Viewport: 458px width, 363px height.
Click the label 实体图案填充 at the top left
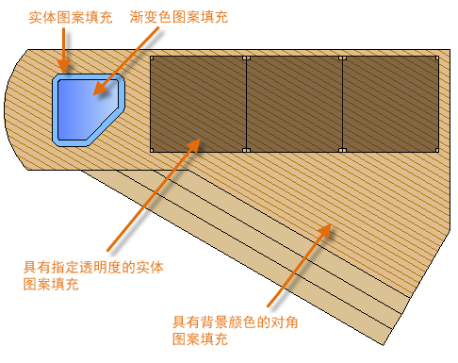click(x=60, y=17)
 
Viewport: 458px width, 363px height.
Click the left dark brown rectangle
click(x=198, y=104)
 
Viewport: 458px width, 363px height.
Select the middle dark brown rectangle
click(x=294, y=104)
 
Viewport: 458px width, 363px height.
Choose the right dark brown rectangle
click(x=390, y=104)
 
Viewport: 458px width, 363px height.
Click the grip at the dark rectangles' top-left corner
click(x=151, y=58)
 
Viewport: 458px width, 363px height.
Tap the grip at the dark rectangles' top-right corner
click(x=438, y=58)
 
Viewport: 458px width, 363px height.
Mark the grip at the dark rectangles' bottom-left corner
click(x=151, y=151)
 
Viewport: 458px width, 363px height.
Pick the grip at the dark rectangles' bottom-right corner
click(x=438, y=151)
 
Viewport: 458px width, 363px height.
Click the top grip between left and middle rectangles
click(x=246, y=58)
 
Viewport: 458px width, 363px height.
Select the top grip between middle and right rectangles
click(x=342, y=58)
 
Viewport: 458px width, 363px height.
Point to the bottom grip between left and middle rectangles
click(x=246, y=151)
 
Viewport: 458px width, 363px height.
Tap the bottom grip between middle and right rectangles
click(x=342, y=151)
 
